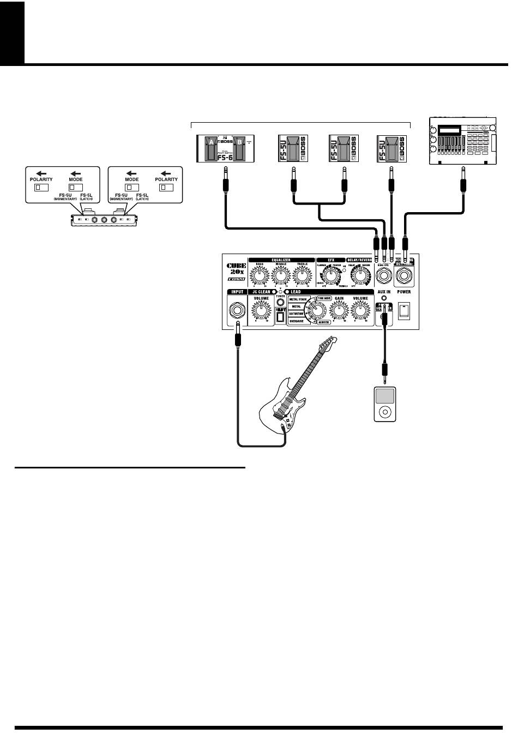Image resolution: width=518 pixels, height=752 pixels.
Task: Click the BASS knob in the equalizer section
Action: coord(260,276)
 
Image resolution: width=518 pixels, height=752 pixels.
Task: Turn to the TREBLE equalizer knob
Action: coord(302,276)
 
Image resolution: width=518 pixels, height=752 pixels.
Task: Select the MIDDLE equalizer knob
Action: coord(280,276)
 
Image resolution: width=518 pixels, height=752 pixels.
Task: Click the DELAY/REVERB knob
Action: coord(359,277)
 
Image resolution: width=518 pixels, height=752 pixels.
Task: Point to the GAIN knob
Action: coord(339,311)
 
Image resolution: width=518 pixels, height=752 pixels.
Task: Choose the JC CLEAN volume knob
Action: coord(261,311)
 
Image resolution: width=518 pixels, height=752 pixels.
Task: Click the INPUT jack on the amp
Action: coord(238,311)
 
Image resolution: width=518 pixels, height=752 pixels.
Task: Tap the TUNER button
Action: coord(280,302)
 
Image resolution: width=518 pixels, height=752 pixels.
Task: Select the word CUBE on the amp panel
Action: coord(237,267)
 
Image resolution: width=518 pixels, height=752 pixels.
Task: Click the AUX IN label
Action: coord(384,292)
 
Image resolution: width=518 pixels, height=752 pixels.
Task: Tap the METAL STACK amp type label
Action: coord(298,299)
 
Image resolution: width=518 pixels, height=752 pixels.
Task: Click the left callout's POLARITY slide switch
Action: coord(41,188)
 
